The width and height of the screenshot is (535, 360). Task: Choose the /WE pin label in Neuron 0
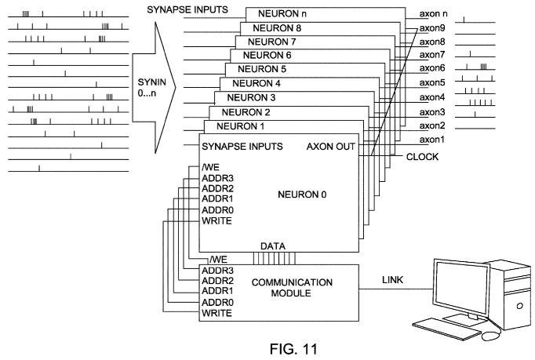(210, 166)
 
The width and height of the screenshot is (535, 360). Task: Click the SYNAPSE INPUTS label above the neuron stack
(187, 10)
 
